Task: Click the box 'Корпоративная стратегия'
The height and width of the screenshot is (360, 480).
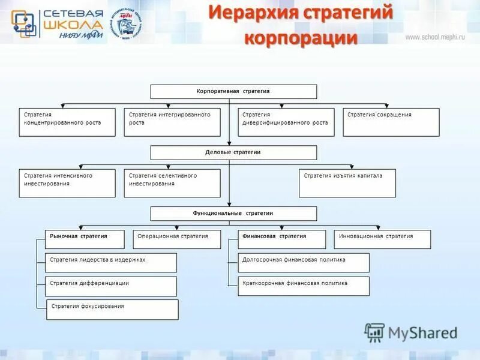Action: tap(233, 92)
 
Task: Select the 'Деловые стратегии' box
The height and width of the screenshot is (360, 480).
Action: tap(233, 152)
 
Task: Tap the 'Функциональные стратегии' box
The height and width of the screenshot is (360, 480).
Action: tap(233, 214)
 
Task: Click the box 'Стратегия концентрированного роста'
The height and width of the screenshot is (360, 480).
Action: tap(67, 122)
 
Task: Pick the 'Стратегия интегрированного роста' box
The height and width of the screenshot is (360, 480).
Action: tap(172, 122)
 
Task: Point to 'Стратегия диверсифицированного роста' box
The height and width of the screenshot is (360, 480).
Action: tap(286, 122)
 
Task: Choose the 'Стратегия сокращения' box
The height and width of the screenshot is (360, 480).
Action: tap(391, 122)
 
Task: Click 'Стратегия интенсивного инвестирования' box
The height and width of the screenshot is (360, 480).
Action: tap(67, 183)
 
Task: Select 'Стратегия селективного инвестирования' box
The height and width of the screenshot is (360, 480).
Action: tap(172, 183)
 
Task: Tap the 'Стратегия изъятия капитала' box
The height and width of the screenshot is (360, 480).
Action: tap(347, 183)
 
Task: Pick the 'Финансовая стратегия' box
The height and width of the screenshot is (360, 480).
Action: tap(282, 239)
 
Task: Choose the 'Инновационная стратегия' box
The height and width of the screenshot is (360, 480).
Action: tap(382, 239)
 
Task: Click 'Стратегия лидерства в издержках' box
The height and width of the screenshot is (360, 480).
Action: tap(111, 263)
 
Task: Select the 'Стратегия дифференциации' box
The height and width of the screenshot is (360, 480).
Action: tap(111, 286)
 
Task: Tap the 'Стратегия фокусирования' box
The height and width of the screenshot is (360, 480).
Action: tap(112, 310)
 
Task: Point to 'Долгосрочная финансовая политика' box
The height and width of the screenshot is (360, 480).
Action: tap(304, 263)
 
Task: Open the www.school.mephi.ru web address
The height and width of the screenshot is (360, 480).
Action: tap(436, 37)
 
